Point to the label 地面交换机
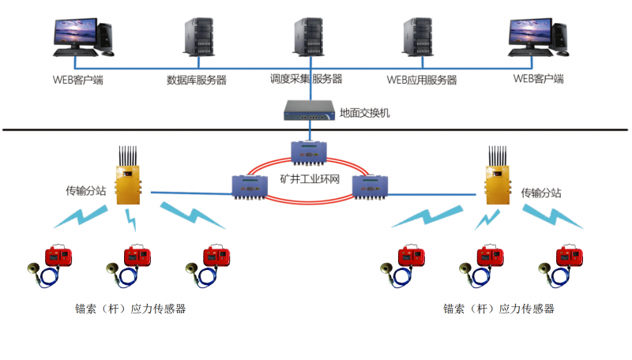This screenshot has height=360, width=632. click(x=364, y=113)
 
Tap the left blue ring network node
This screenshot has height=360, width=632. click(x=252, y=186)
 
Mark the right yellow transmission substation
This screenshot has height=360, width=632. click(x=497, y=182)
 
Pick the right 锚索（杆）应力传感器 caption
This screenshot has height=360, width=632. click(x=498, y=309)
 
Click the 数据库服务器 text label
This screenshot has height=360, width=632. click(x=197, y=80)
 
